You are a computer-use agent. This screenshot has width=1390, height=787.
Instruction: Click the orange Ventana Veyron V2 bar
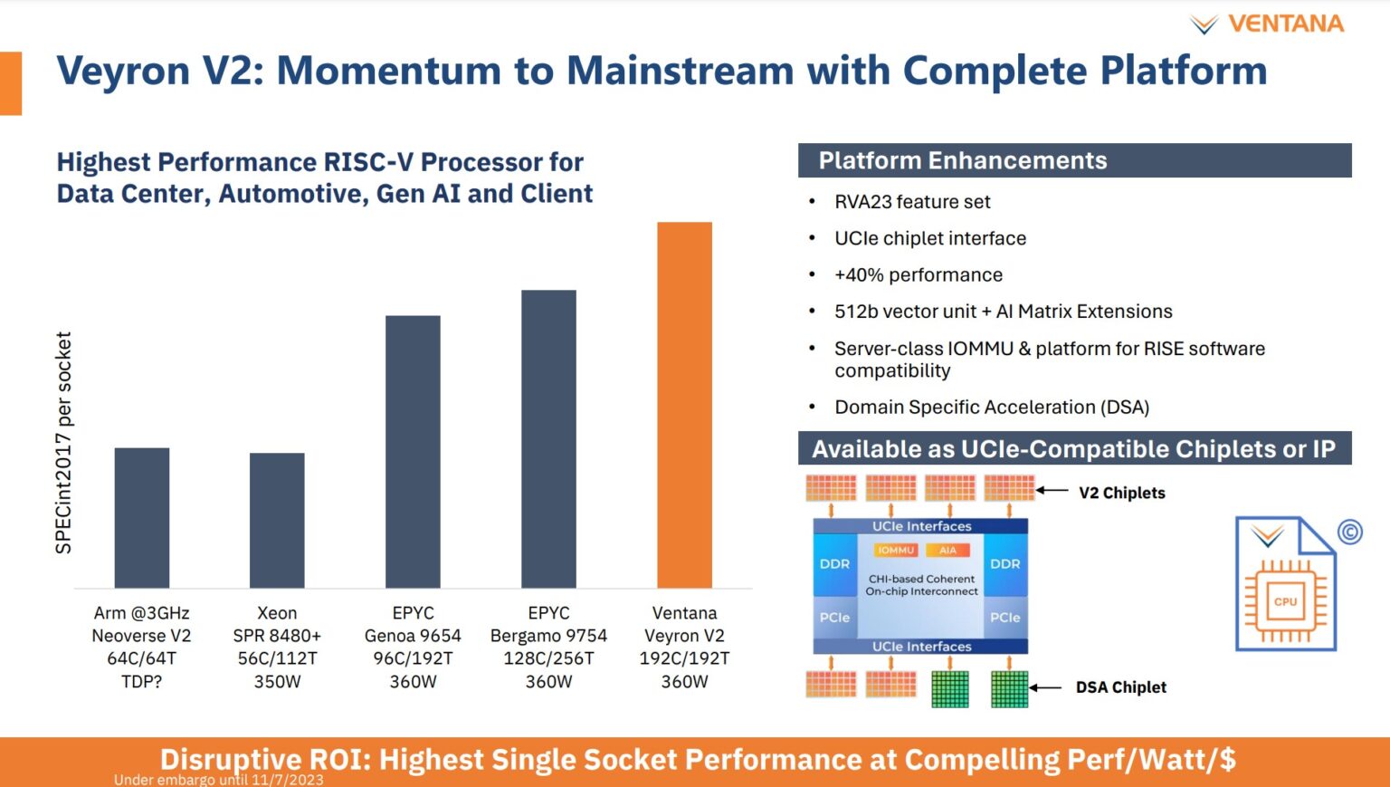coord(684,405)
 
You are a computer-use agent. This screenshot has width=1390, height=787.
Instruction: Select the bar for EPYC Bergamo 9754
coord(548,438)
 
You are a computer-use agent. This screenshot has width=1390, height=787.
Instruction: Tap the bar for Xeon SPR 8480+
coord(277,520)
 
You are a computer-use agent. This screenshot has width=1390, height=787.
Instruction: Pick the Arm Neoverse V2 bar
coord(142,517)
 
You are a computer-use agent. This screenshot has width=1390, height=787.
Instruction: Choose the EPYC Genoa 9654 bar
coord(413,451)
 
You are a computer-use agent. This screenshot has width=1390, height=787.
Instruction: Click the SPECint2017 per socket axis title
coord(63,443)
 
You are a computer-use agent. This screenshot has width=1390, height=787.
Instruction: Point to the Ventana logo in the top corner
coord(1267,24)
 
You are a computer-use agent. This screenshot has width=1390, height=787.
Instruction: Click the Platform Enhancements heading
coord(962,160)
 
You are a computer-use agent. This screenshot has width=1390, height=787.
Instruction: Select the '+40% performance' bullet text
coord(918,274)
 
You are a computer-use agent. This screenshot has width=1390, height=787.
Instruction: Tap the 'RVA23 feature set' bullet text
coord(911,202)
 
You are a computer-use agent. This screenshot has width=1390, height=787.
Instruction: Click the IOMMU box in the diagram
coord(896,550)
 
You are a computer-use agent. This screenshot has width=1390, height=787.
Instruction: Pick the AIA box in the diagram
coord(947,550)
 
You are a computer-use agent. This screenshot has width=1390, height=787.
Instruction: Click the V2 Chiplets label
coord(1121,493)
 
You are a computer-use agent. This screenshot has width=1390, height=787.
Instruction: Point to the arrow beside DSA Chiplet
coord(1046,687)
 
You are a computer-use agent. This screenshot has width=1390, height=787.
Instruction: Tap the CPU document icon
coord(1285,584)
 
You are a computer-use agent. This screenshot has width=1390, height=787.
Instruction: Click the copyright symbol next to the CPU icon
coord(1350,532)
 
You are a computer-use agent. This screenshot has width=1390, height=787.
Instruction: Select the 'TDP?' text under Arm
coord(142,681)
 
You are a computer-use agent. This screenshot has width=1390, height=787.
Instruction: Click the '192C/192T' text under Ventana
coord(684,658)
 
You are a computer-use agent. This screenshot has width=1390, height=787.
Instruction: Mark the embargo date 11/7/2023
coord(287,780)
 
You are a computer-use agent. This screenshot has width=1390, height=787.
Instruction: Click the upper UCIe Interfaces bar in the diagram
coord(920,526)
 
